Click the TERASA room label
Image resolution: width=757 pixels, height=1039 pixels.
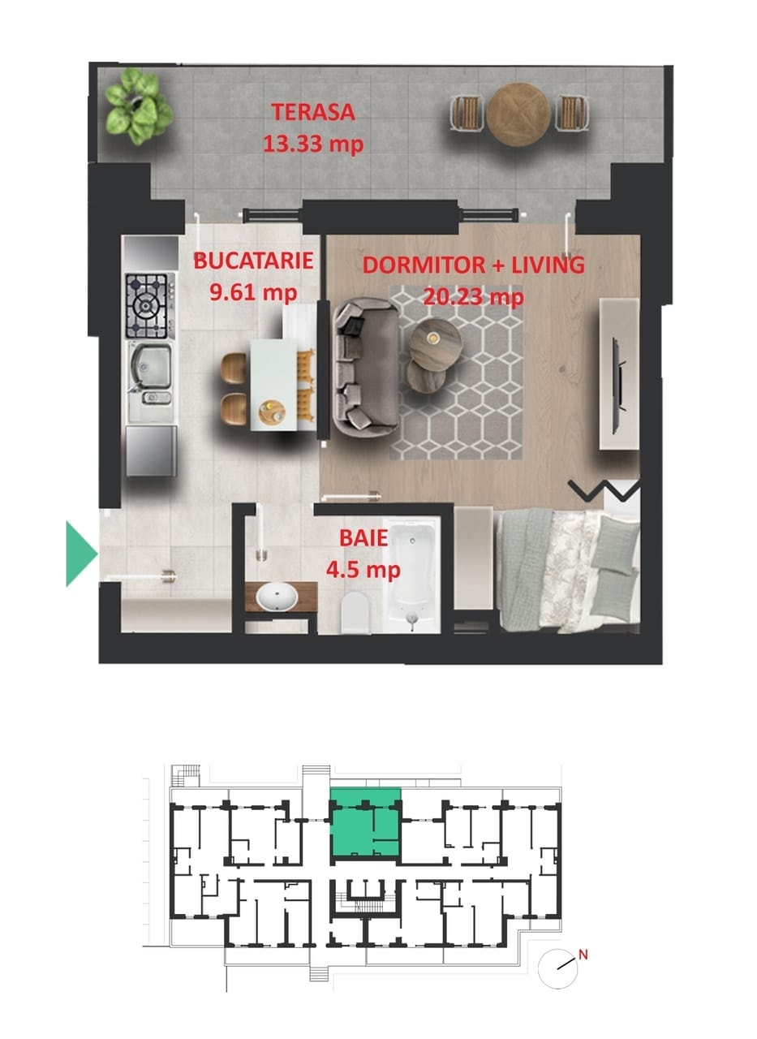313,112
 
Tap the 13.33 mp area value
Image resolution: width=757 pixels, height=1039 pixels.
313,144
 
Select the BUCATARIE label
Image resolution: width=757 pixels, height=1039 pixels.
253,261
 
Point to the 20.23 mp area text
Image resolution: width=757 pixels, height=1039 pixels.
473,296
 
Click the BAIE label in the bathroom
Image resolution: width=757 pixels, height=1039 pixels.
363,537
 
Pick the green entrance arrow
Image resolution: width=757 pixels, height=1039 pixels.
82,554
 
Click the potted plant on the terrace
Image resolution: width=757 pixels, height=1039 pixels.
138,106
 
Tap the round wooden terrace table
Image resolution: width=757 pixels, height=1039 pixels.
518,114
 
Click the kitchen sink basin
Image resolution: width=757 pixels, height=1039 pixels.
151,365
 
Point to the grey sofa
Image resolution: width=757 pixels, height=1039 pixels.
366,366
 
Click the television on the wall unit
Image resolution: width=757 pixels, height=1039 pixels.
619,386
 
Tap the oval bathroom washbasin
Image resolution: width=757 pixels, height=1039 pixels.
277,597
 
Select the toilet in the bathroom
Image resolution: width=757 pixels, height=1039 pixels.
355,612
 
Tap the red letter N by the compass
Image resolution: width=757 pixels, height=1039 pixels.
583,955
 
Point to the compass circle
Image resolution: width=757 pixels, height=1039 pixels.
558,969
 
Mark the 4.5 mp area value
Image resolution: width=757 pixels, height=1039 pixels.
363,570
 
